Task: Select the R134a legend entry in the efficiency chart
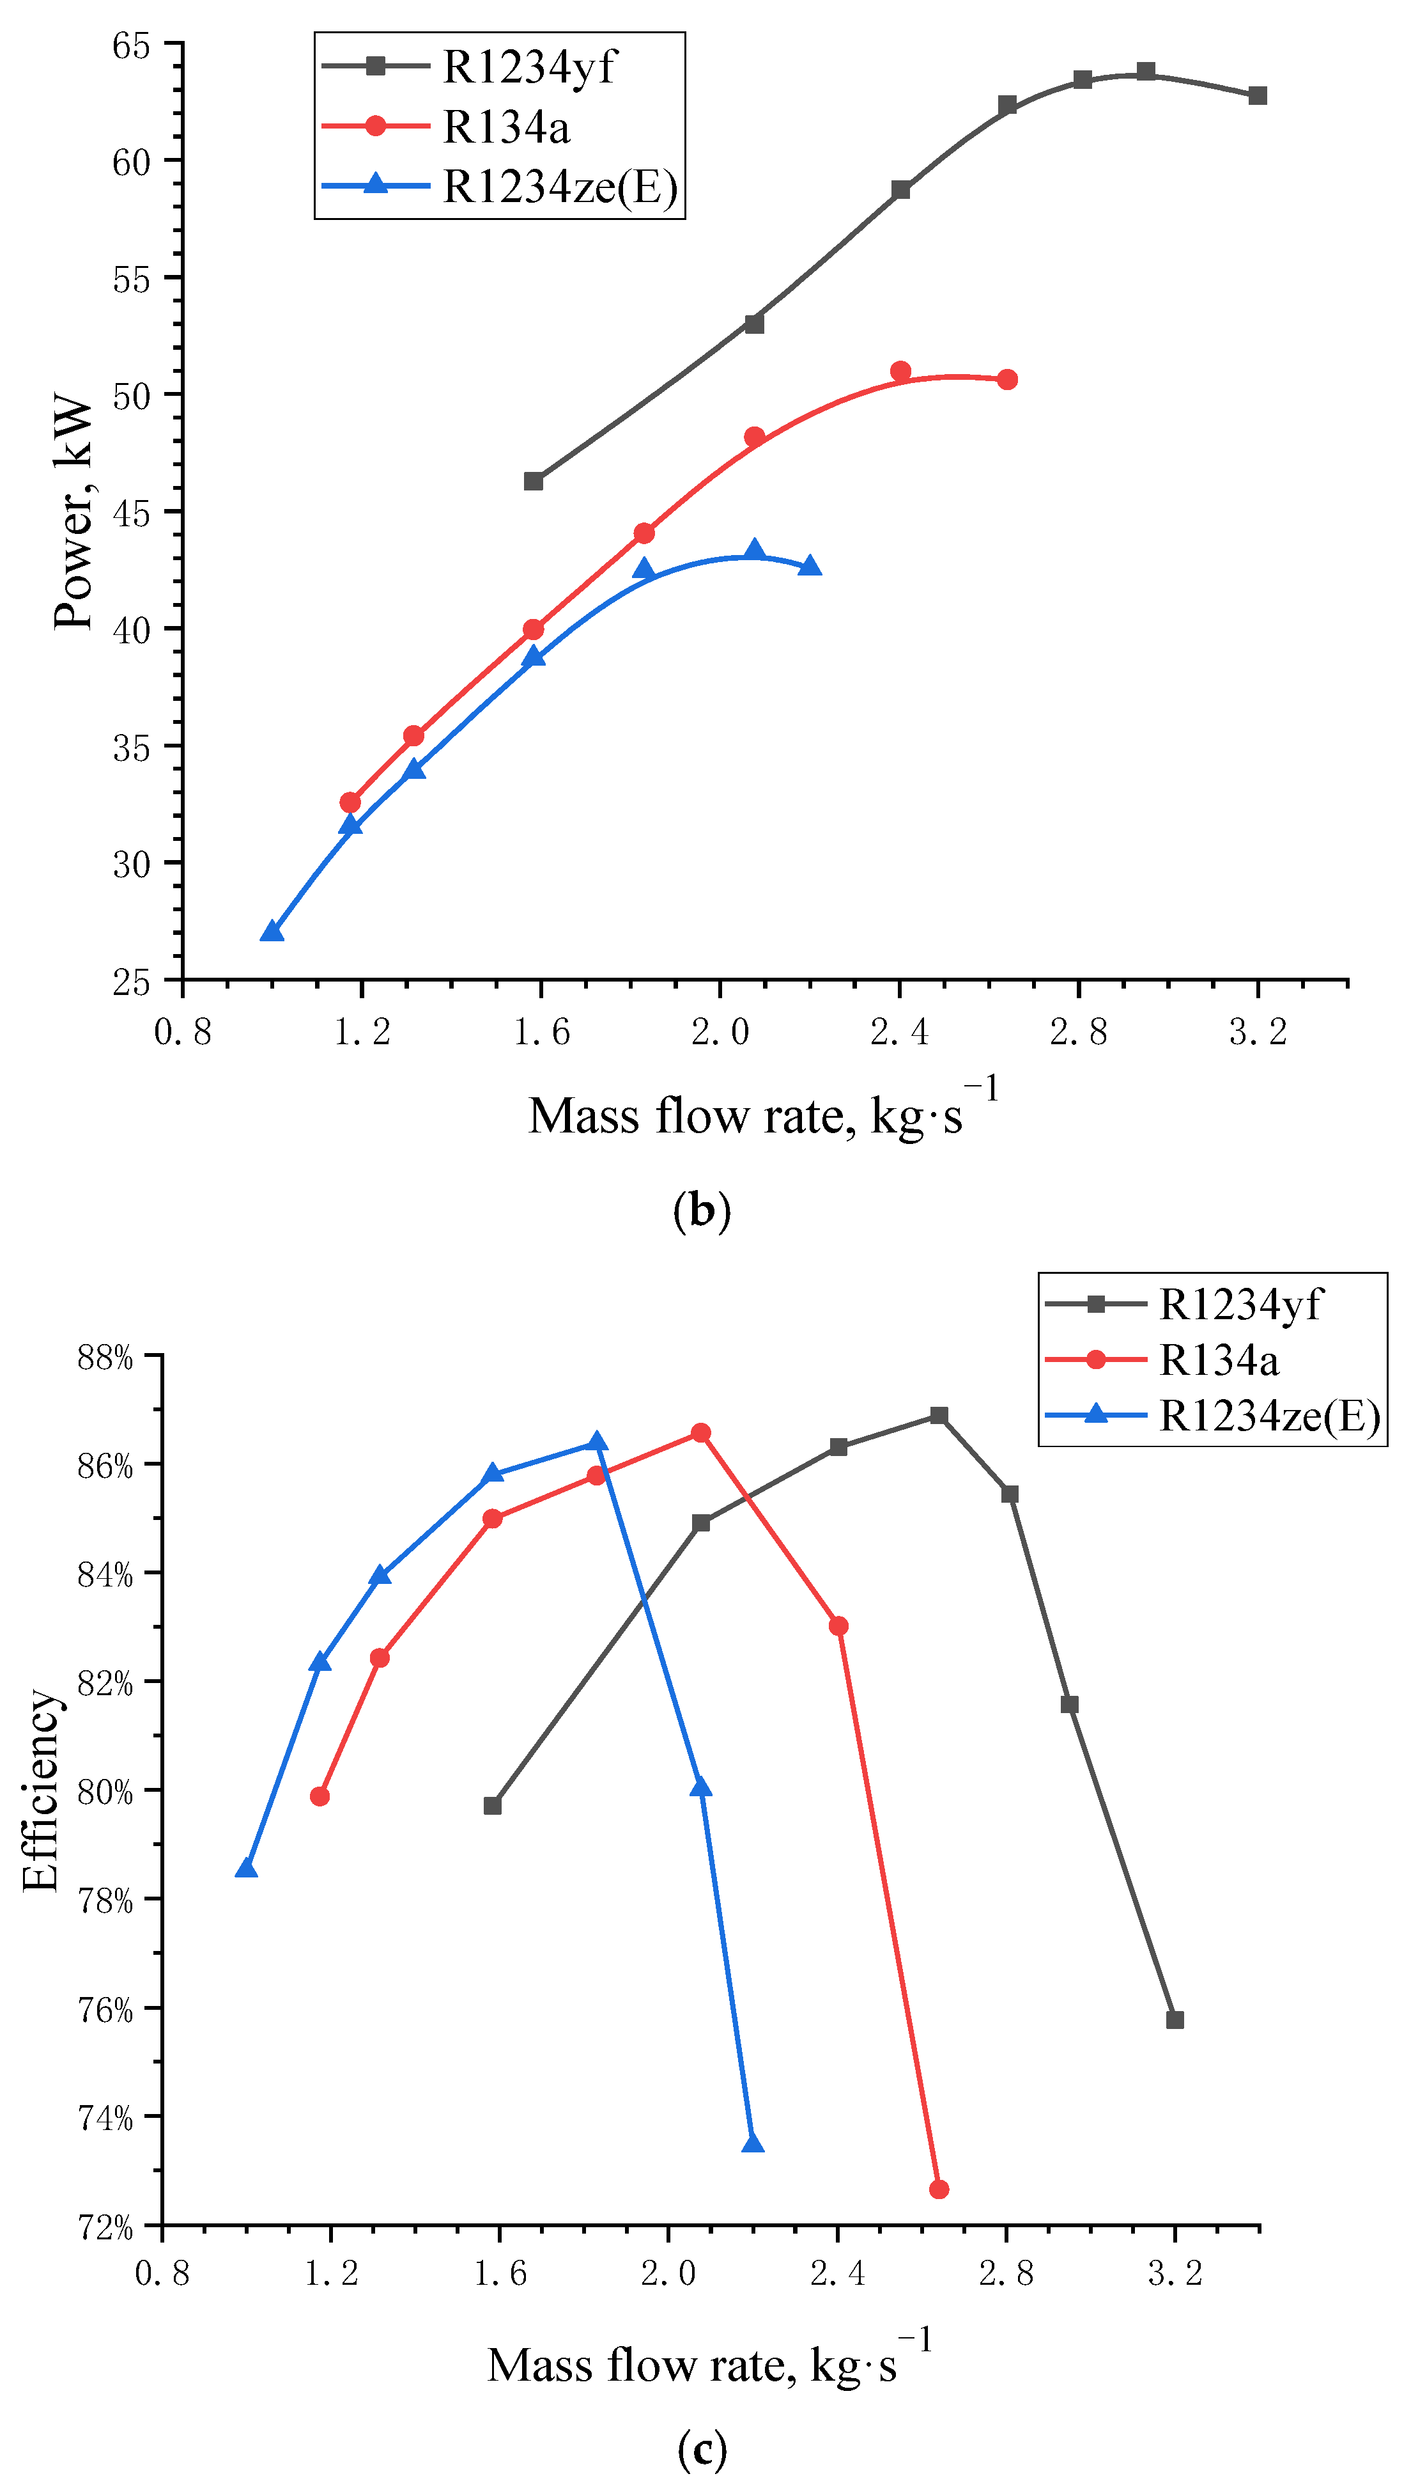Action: [1218, 1360]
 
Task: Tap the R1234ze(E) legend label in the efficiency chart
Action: [1268, 1416]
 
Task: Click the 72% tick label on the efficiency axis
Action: [105, 2227]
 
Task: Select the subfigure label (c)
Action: [702, 2450]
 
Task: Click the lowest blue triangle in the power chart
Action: [272, 932]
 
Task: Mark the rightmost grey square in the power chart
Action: [1258, 96]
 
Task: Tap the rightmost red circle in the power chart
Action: [1008, 379]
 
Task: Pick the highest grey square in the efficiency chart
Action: [939, 1416]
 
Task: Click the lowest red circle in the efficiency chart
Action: [939, 2189]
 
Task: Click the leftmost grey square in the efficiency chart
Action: [492, 1805]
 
